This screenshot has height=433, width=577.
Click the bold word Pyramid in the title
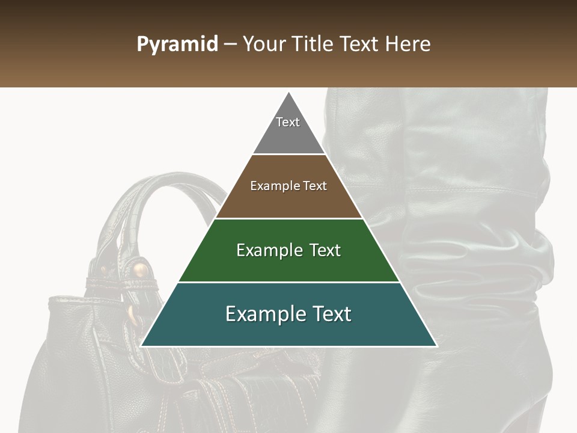pos(177,45)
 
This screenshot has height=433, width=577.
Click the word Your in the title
pos(264,45)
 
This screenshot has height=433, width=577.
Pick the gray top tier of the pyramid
pos(288,135)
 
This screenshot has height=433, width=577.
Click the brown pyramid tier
pos(288,201)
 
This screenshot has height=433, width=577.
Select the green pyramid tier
pos(288,265)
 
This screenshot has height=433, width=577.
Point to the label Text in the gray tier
pos(288,122)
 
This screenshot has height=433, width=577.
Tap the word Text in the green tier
pos(318,250)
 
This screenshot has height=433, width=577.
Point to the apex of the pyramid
pos(289,93)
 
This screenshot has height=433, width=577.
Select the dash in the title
pos(230,45)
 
